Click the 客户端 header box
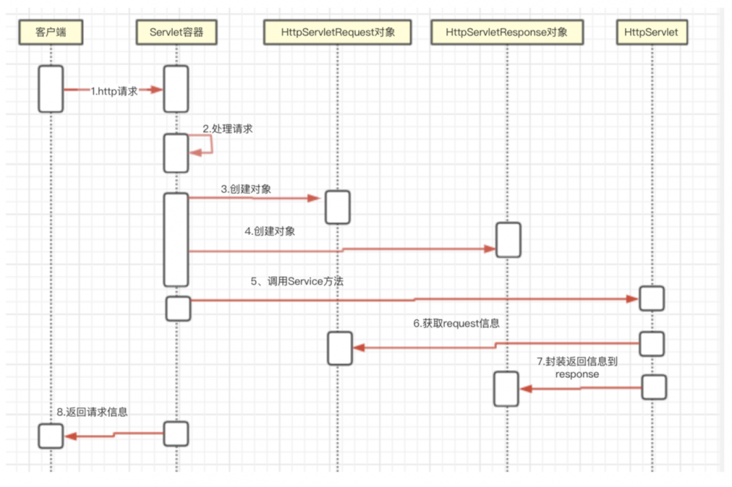[51, 31]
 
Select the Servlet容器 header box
[176, 31]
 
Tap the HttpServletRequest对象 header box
[337, 31]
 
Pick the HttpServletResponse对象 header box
[507, 31]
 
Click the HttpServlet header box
[651, 31]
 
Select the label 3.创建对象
[246, 189]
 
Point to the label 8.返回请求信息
[92, 412]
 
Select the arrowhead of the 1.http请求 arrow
[156, 89]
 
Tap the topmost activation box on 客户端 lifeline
[51, 89]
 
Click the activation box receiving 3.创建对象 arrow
[337, 207]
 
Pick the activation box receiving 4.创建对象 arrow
[508, 239]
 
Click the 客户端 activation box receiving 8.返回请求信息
[51, 436]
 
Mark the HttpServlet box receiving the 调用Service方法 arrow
[651, 298]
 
